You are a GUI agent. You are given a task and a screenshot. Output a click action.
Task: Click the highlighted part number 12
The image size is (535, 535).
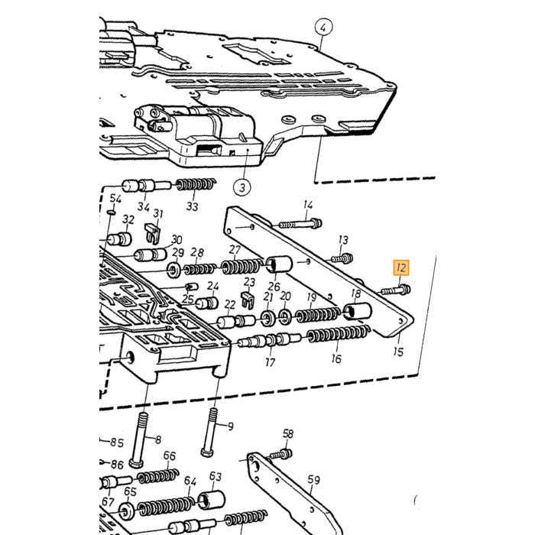click(x=401, y=267)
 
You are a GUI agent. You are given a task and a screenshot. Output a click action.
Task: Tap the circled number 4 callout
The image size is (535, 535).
click(x=323, y=27)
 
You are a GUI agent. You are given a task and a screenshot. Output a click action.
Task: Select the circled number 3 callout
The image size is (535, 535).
click(x=242, y=187)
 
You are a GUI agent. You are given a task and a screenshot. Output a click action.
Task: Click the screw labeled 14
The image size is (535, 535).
click(x=300, y=224)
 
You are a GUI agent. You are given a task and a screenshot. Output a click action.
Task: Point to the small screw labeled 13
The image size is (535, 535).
click(x=342, y=258)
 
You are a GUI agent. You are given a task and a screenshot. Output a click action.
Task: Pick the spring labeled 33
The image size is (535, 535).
click(x=196, y=185)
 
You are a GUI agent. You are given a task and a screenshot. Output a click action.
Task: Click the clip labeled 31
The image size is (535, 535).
click(x=153, y=233)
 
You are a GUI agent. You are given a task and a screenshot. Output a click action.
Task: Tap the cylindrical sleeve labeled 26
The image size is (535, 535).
click(x=279, y=264)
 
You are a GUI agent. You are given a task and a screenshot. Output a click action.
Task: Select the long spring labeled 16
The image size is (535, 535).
click(x=339, y=334)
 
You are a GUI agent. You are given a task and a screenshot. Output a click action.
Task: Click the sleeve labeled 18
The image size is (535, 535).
click(x=358, y=311)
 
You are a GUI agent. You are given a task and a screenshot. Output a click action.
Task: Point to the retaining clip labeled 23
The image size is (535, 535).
click(x=248, y=300)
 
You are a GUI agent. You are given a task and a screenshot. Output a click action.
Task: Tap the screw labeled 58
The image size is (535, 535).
click(x=281, y=454)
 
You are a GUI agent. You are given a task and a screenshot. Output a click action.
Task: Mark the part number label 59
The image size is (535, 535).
click(x=313, y=480)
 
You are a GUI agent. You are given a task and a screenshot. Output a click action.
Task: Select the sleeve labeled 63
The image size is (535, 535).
click(x=211, y=500)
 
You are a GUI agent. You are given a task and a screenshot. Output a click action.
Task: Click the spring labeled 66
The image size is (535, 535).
click(x=158, y=475)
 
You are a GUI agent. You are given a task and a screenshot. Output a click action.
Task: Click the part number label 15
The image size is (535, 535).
click(x=398, y=352)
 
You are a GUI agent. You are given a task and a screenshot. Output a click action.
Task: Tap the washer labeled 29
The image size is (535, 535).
click(x=174, y=271)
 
